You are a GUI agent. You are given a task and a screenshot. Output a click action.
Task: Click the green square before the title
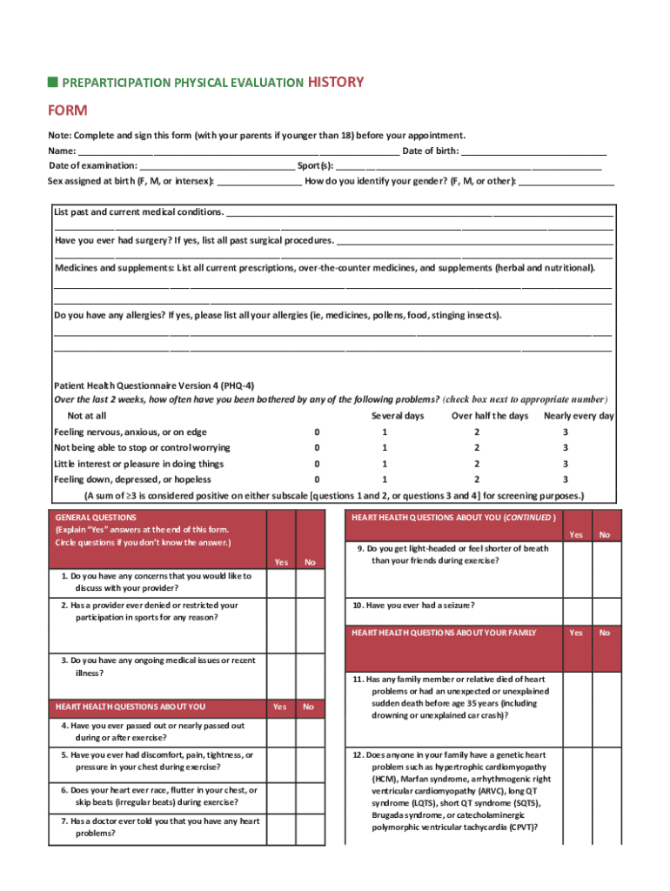(x=52, y=82)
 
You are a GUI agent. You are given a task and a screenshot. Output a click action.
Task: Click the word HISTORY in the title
(x=336, y=82)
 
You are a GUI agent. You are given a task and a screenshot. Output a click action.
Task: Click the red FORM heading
(x=67, y=111)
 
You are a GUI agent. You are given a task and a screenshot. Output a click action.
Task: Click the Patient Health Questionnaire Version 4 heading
(x=154, y=385)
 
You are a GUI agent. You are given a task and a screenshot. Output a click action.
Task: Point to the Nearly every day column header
(x=579, y=416)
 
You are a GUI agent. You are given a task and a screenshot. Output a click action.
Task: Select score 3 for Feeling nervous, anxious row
(x=565, y=432)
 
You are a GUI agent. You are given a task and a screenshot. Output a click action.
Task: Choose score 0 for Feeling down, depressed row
(x=317, y=479)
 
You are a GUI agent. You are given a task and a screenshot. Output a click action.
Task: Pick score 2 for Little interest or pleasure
(x=476, y=464)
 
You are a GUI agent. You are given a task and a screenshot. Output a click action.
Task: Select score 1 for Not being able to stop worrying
(x=384, y=448)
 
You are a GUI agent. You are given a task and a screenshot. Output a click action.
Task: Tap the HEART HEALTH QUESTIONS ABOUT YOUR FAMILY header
(x=444, y=633)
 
